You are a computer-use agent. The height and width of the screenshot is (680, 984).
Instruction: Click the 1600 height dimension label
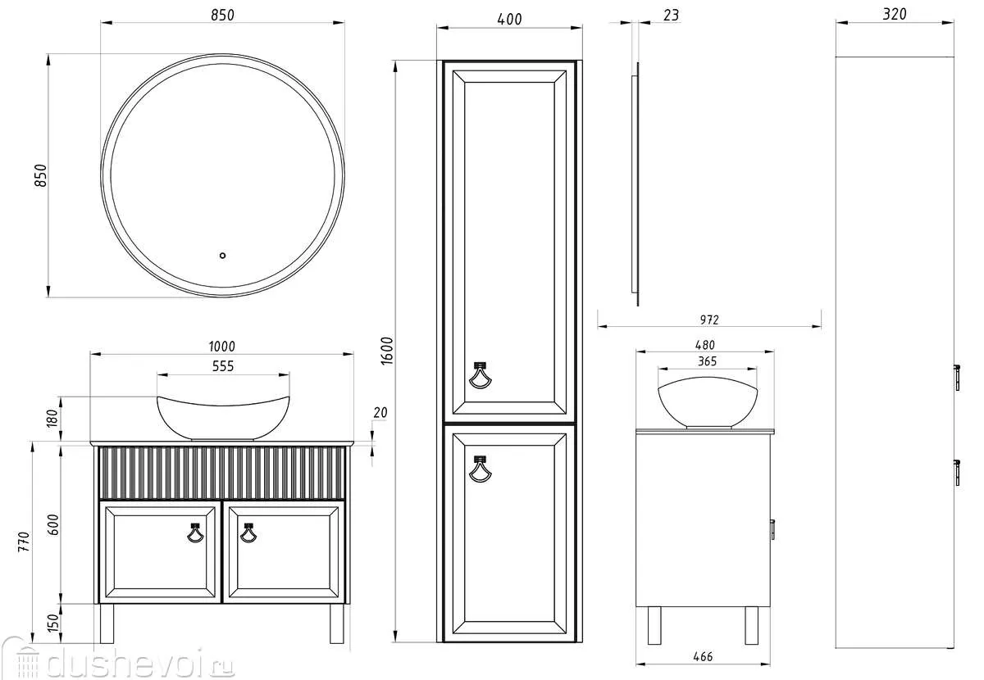[386, 351]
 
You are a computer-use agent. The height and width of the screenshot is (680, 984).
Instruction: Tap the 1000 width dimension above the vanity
[222, 347]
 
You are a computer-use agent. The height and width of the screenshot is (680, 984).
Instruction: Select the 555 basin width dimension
[223, 366]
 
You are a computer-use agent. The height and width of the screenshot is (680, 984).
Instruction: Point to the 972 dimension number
[709, 320]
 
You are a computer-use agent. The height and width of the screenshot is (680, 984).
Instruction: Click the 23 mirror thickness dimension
[671, 16]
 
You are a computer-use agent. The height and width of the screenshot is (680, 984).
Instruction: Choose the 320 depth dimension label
[895, 14]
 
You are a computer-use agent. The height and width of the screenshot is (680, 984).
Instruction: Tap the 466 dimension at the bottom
[703, 656]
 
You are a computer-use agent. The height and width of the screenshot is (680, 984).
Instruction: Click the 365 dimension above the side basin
[707, 361]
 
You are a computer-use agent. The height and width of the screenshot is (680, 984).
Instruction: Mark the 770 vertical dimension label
[24, 542]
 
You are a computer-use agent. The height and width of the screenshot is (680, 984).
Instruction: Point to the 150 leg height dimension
[52, 623]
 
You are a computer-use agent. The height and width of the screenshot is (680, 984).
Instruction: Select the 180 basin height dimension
[52, 418]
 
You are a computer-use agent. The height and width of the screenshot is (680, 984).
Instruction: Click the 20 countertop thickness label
[380, 412]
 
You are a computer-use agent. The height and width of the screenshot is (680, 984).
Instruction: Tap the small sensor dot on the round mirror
[222, 256]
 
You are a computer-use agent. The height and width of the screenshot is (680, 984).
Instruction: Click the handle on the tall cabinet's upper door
[480, 375]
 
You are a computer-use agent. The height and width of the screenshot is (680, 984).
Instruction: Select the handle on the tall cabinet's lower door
[480, 469]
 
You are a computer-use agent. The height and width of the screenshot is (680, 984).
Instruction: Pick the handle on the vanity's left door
[195, 533]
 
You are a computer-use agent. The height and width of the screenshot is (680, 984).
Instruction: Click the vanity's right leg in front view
[337, 623]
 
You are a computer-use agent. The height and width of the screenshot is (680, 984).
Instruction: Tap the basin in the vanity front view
[223, 418]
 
